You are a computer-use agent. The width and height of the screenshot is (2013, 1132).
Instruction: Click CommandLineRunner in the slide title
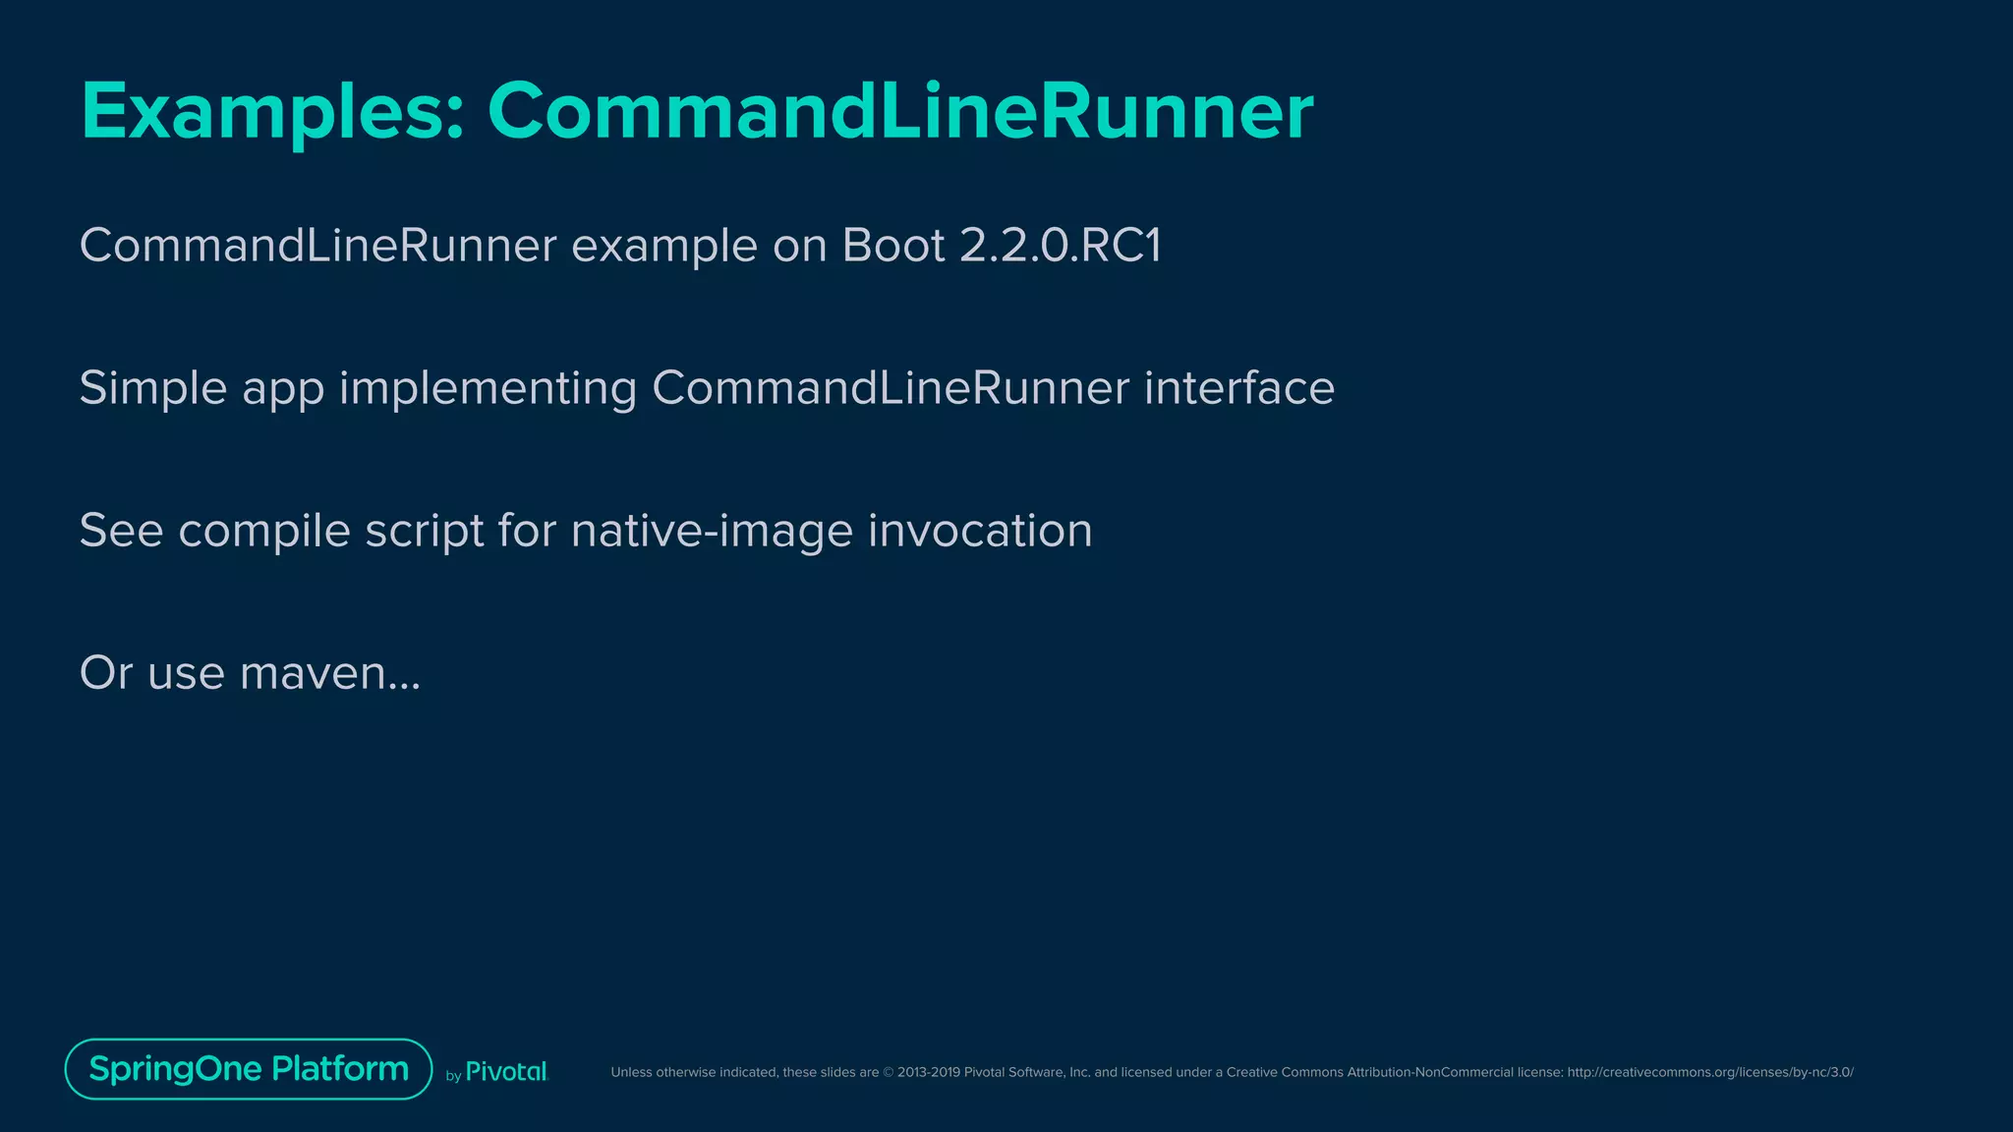click(899, 112)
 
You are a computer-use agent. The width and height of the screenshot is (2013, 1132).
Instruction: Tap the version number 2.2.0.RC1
click(1060, 246)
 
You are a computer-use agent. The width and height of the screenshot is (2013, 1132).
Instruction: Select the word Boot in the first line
click(893, 246)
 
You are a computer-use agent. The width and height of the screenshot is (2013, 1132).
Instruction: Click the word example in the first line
click(664, 246)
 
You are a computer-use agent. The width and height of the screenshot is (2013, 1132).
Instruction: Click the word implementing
click(488, 388)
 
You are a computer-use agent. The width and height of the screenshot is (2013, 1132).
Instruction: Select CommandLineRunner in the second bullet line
click(891, 388)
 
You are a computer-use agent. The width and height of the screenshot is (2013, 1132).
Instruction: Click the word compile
click(264, 532)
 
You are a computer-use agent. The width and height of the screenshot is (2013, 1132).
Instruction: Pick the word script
click(425, 532)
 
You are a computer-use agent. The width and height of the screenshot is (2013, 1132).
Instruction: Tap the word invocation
click(980, 532)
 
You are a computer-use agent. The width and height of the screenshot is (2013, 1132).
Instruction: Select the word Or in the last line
click(105, 674)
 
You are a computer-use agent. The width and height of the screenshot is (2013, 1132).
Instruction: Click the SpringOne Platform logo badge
click(249, 1069)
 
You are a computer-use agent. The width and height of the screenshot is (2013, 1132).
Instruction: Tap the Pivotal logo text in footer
click(505, 1072)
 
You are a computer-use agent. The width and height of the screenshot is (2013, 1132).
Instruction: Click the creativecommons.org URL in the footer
click(1709, 1072)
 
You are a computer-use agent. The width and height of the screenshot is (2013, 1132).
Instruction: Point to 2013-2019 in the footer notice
click(928, 1072)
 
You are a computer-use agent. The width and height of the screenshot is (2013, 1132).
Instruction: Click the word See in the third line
click(121, 532)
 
